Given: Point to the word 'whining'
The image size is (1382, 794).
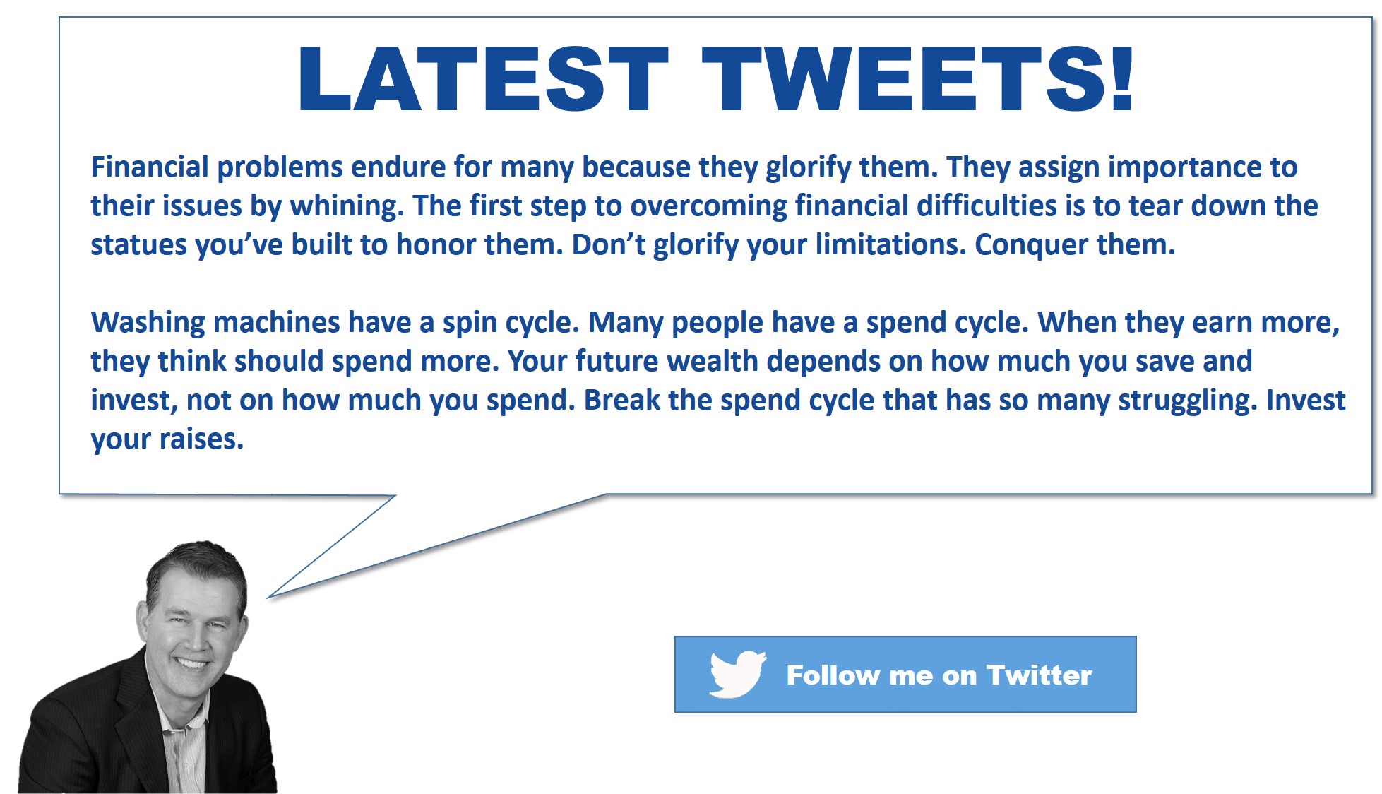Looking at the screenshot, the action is coord(347,206).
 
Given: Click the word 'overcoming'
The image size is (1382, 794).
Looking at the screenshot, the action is coord(708,206).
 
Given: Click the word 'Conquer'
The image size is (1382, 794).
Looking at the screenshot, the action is coord(1031,245).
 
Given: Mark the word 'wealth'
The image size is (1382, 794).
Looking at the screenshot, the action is coord(713,362).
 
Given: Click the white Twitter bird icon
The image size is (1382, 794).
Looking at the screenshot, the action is coord(737,674).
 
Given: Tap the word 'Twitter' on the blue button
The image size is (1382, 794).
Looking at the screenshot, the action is coord(1040,675).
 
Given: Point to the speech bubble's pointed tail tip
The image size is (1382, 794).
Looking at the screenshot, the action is coord(268,598).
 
